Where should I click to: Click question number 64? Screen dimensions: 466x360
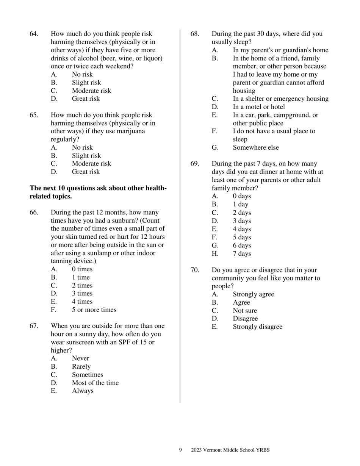(34, 34)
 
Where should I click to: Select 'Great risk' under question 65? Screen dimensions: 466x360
(86, 172)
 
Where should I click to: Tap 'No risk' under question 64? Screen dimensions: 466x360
(82, 74)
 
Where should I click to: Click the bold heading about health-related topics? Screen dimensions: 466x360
(98, 192)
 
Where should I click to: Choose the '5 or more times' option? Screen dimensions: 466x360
(94, 310)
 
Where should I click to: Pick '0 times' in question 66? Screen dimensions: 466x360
(82, 269)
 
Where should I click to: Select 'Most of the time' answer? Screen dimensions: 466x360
(95, 383)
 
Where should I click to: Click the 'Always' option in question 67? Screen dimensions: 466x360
(83, 391)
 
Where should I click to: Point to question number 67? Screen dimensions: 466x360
(34, 326)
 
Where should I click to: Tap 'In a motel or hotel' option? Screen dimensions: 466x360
(259, 107)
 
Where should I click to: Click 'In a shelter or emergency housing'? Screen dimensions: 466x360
(280, 99)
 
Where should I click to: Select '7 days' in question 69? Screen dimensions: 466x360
(242, 253)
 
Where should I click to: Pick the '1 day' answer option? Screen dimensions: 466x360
(241, 204)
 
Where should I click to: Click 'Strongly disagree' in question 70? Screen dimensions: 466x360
(257, 327)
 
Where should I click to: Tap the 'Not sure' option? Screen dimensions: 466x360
(245, 311)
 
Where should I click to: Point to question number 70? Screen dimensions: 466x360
(195, 270)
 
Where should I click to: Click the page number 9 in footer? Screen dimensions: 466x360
(180, 450)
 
